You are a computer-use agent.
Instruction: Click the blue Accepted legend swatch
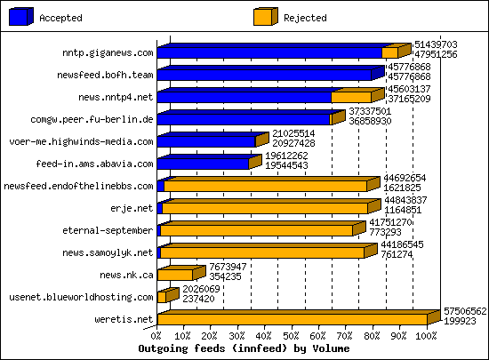22,16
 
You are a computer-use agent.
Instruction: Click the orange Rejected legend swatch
264,16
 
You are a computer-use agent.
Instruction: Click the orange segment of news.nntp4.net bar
350,96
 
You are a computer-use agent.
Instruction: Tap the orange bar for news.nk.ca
175,275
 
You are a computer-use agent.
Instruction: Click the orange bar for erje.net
265,208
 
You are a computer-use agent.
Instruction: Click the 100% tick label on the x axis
426,336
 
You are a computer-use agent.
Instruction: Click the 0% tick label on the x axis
157,336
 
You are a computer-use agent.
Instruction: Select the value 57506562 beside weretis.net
465,310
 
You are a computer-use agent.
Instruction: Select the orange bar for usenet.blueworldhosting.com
163,297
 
